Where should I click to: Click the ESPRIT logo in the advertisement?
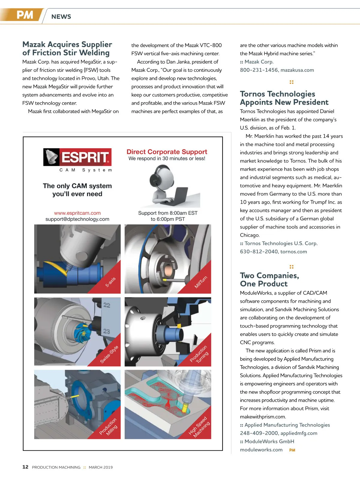(x=77, y=157)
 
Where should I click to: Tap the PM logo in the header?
(x=25, y=15)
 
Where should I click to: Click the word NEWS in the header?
(x=61, y=17)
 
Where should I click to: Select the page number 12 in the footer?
(x=25, y=467)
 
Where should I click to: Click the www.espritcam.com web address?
(x=77, y=213)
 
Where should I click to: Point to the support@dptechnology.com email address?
(x=77, y=219)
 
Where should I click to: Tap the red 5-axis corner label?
(x=110, y=282)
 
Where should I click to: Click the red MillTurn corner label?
(x=201, y=282)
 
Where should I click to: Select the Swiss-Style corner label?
(x=109, y=355)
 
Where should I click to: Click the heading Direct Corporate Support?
(x=167, y=152)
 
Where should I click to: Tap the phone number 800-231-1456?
(x=259, y=70)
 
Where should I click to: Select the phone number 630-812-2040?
(x=259, y=252)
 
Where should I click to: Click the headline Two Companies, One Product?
(x=269, y=280)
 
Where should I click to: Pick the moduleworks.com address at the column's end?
(x=261, y=450)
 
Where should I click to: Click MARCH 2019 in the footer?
(x=101, y=467)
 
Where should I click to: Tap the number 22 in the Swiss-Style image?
(x=107, y=305)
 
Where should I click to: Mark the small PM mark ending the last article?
(x=292, y=450)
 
